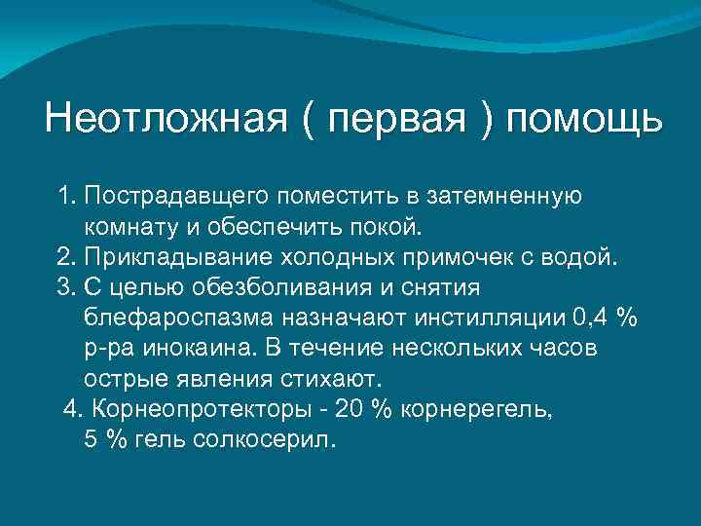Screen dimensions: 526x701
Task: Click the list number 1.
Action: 65,198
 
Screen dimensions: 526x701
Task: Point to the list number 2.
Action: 65,258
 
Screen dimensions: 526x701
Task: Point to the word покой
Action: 391,228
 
